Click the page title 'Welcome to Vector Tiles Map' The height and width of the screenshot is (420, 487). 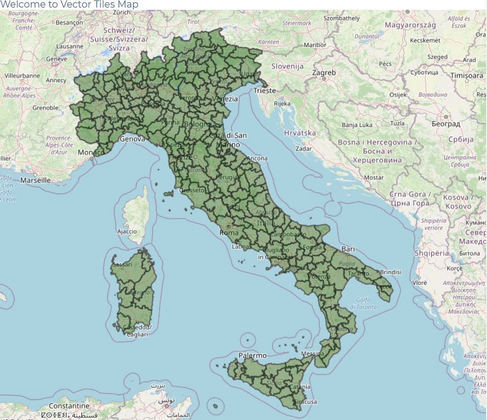(x=69, y=4)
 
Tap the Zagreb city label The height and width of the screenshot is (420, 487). (x=324, y=73)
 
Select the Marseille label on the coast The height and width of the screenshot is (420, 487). (x=35, y=180)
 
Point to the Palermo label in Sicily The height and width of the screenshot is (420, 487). (x=252, y=356)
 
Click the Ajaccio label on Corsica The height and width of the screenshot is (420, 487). (x=127, y=231)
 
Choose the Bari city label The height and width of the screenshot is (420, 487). (x=348, y=249)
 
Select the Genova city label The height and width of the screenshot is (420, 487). (x=132, y=139)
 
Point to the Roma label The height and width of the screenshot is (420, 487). (x=229, y=233)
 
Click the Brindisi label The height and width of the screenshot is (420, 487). (x=390, y=272)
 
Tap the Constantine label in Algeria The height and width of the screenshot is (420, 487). (x=69, y=405)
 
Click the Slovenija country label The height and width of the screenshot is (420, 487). (x=287, y=66)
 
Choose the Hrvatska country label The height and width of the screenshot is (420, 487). (x=300, y=133)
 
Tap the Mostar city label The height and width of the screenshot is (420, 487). (x=374, y=178)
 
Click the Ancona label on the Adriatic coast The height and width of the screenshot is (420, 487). (x=257, y=158)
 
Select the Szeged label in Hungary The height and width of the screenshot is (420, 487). (x=437, y=57)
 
